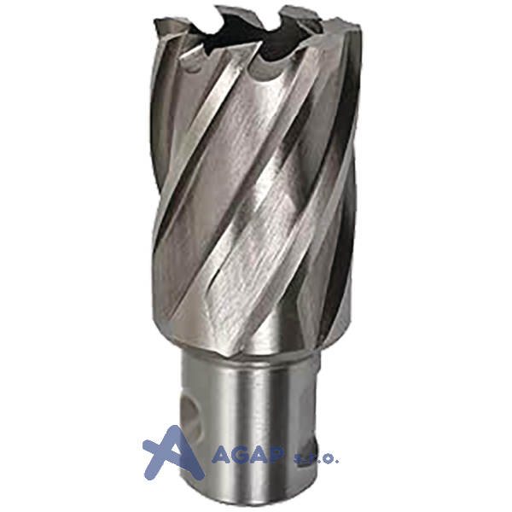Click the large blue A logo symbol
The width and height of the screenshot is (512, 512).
coord(172,453)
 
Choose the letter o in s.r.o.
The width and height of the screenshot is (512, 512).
coord(328,459)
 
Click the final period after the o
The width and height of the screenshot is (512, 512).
coord(336,462)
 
